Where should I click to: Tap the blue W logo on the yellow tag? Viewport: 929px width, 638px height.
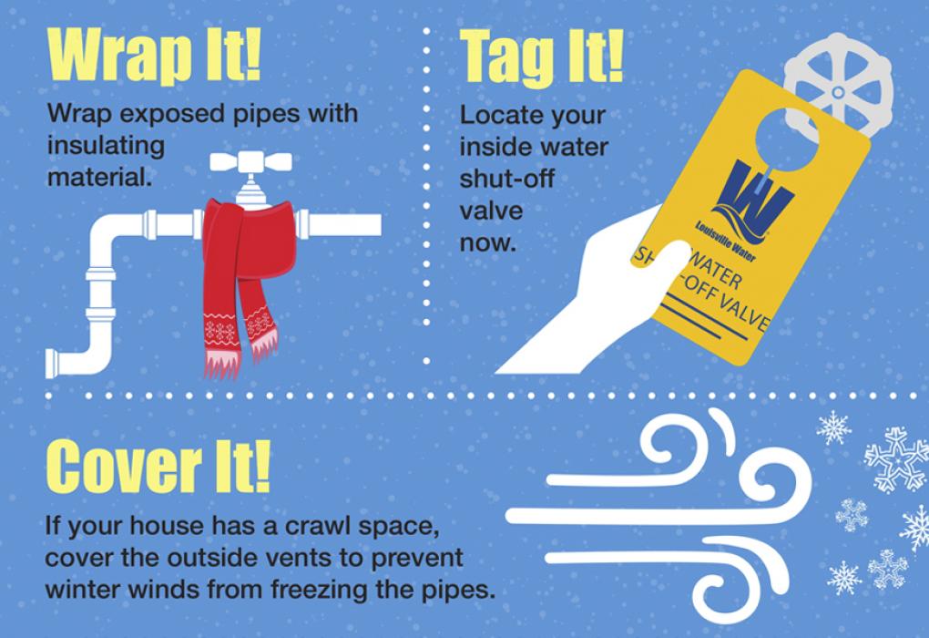click(x=752, y=195)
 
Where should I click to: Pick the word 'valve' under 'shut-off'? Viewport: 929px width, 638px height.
click(x=491, y=211)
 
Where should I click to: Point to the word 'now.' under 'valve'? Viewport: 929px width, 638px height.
click(x=487, y=243)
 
